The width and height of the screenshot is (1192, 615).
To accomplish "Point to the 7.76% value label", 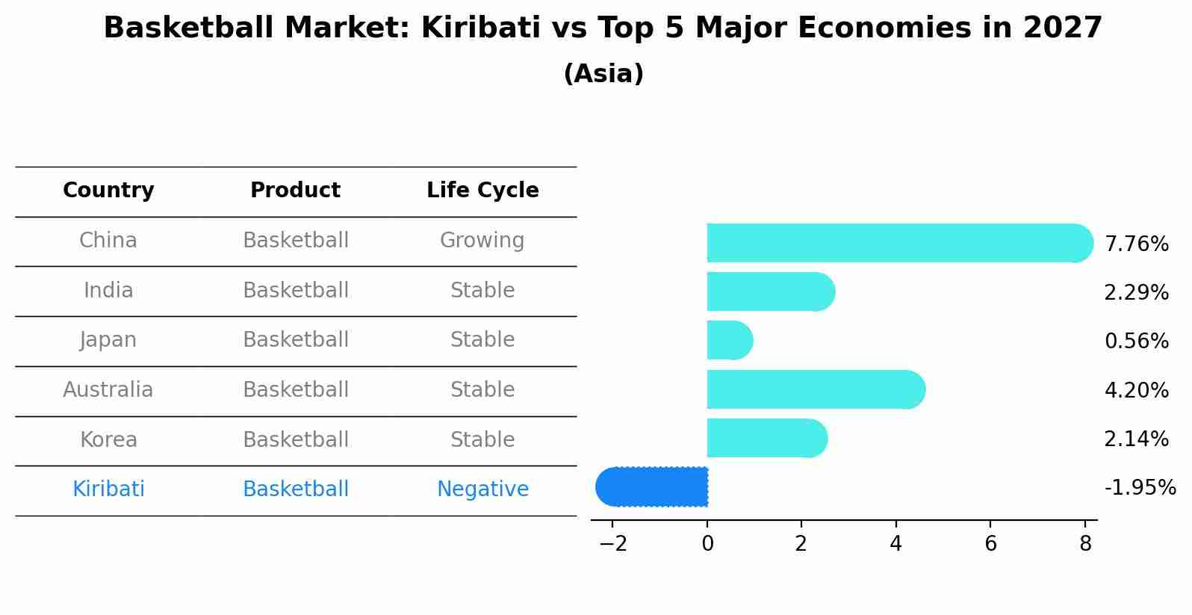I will tap(1136, 244).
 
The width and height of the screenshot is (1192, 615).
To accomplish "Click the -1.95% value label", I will tap(1140, 488).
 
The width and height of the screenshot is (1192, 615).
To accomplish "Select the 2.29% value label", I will tap(1136, 293).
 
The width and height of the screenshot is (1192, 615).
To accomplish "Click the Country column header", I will tap(108, 191).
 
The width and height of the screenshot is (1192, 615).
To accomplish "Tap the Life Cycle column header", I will tap(482, 191).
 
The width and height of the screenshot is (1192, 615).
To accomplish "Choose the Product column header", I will tap(295, 191).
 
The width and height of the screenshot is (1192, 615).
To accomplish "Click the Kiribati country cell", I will tap(108, 489).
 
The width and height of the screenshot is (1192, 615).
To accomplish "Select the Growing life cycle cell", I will tap(482, 241).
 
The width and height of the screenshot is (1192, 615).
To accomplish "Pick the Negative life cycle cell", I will tap(482, 489).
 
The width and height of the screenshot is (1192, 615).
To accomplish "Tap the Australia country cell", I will tap(108, 390).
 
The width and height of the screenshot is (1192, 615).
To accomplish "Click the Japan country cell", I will tap(108, 340).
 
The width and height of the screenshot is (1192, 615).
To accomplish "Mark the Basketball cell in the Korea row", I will tap(296, 439).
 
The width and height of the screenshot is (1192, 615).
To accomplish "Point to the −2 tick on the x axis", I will tap(612, 544).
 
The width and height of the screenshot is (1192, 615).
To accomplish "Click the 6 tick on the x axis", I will tap(990, 544).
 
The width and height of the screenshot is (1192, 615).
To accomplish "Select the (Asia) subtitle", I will tap(603, 74).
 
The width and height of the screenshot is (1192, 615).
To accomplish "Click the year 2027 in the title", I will tap(1063, 28).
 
